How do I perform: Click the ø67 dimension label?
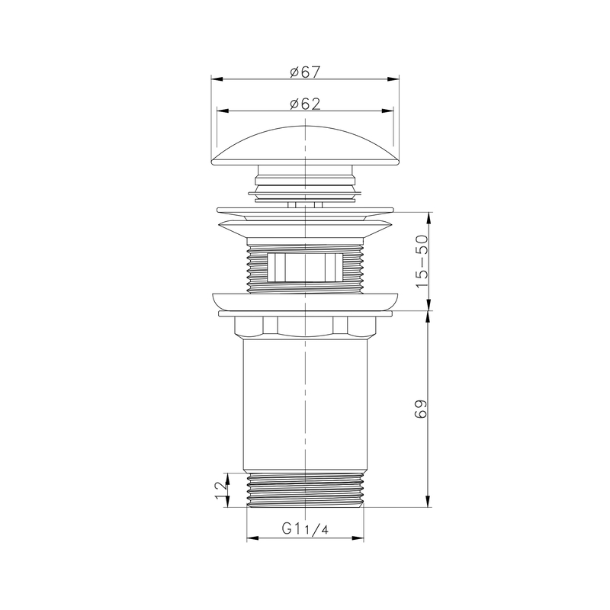[x=304, y=72]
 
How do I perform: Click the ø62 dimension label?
[x=304, y=104]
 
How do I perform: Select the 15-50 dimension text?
[x=421, y=262]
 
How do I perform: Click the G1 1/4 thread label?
[x=304, y=528]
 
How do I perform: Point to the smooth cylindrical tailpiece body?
[x=304, y=404]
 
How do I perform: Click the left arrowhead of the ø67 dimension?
[x=214, y=79]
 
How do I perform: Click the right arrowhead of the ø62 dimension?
[x=390, y=111]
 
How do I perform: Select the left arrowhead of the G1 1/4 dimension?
[x=251, y=538]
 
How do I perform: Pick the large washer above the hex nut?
[x=305, y=300]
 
